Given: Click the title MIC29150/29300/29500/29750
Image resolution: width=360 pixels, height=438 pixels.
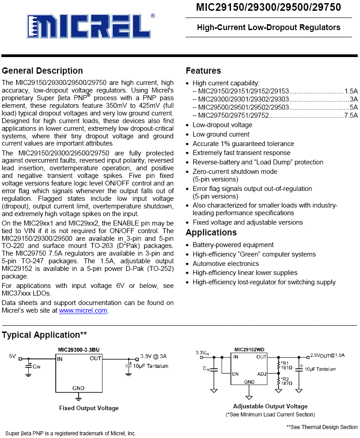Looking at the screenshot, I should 268,8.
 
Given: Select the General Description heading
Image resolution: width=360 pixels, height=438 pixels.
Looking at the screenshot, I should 42,71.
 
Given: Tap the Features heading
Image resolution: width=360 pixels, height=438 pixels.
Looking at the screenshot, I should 203,71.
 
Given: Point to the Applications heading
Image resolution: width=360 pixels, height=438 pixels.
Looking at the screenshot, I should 211,233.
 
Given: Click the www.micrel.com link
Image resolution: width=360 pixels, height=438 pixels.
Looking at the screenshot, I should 83,310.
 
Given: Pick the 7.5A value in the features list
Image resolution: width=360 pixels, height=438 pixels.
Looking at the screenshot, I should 351,115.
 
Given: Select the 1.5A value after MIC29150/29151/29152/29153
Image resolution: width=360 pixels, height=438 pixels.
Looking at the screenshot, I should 351,90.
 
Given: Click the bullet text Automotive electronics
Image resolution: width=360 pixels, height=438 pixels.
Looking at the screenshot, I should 226,264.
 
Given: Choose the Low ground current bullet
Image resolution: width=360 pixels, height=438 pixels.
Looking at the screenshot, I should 221,134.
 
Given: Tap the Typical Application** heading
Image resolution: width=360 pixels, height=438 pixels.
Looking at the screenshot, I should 44,335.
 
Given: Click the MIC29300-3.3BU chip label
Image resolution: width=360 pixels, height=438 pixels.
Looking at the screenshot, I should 78,350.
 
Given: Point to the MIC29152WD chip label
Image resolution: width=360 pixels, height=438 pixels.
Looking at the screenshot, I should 249,349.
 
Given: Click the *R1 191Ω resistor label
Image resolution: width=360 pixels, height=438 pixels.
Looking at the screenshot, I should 286,365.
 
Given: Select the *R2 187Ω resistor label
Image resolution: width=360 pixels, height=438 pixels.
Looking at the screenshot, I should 286,381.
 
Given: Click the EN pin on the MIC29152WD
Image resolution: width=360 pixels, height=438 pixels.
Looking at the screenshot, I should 235,374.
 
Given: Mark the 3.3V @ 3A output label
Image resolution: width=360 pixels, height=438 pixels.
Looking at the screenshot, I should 153,356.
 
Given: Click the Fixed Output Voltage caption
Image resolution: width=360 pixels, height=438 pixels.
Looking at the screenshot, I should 89,408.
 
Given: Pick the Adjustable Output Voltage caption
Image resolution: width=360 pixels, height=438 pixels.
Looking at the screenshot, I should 270,407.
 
